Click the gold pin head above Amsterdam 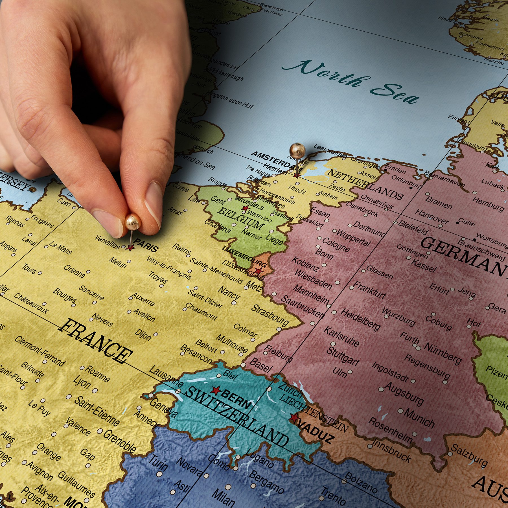(297, 150)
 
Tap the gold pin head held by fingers (132, 222)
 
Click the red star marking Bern (216, 390)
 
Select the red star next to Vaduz (294, 418)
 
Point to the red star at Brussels (245, 209)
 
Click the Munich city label (419, 418)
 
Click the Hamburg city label (488, 204)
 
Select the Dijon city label (143, 334)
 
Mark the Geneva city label (163, 408)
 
